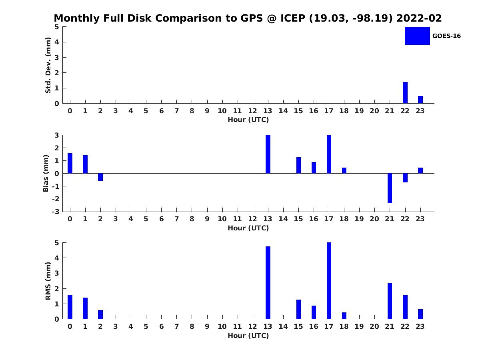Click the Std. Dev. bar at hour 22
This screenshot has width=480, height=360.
click(405, 93)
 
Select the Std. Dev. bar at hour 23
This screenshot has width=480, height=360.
click(420, 100)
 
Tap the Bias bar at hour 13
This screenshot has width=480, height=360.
click(268, 154)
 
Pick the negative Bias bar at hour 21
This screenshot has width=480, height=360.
click(390, 188)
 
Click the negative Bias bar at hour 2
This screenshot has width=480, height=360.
click(100, 177)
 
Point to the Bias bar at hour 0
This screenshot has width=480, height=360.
click(70, 163)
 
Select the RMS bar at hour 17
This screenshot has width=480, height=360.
click(329, 281)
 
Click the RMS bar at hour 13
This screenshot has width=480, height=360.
click(268, 283)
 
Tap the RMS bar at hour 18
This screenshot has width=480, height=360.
click(344, 316)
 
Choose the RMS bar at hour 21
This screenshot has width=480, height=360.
click(390, 301)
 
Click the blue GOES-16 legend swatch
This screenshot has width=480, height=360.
click(417, 36)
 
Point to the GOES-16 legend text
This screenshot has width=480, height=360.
click(446, 36)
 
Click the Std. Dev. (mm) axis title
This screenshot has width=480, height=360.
click(48, 65)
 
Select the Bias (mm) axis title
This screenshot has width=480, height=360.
click(46, 173)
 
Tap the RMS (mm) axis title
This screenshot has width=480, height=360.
click(48, 281)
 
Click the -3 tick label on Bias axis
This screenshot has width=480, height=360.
click(56, 212)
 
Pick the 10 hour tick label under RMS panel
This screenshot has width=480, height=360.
click(222, 326)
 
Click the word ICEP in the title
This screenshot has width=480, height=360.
click(293, 18)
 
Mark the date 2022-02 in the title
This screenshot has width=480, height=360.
click(419, 18)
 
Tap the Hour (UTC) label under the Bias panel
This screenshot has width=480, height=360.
click(248, 228)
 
